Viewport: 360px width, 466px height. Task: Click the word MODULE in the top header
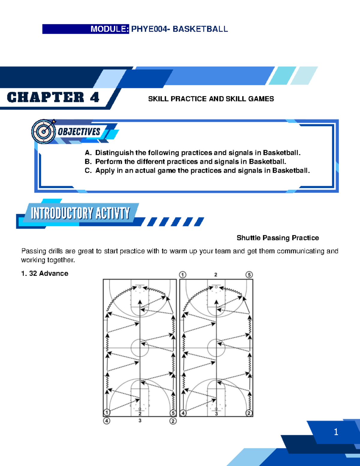[x=109, y=29]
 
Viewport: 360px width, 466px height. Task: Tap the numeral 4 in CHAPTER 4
[x=94, y=98]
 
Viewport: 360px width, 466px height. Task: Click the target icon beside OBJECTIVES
[x=44, y=131]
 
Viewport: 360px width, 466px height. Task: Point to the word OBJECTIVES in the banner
[x=79, y=132]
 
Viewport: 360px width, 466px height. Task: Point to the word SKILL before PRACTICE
[x=158, y=99]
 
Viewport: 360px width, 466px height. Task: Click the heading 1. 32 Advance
[x=45, y=273]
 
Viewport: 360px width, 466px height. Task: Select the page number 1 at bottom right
[x=336, y=432]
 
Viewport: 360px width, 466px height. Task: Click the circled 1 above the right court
[x=183, y=275]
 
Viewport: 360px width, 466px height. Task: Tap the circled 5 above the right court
[x=249, y=275]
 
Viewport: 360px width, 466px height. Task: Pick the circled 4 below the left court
[x=106, y=421]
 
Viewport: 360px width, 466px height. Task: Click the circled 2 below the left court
[x=173, y=421]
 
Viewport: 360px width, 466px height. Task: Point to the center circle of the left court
[x=140, y=348]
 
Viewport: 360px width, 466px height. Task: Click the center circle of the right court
[x=216, y=348]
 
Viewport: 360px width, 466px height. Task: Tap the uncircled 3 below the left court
[x=140, y=421]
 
